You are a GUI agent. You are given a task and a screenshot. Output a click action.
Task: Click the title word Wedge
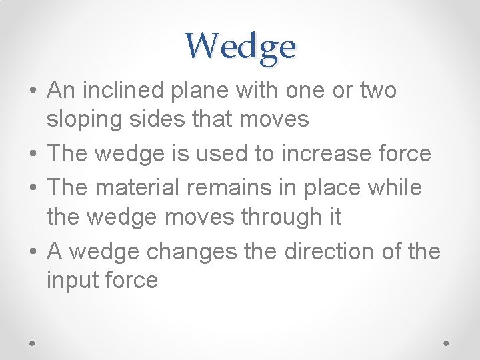coord(240,46)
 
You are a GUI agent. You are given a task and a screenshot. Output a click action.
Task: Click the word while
coord(397,187)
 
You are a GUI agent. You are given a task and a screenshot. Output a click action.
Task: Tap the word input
coord(71,280)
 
